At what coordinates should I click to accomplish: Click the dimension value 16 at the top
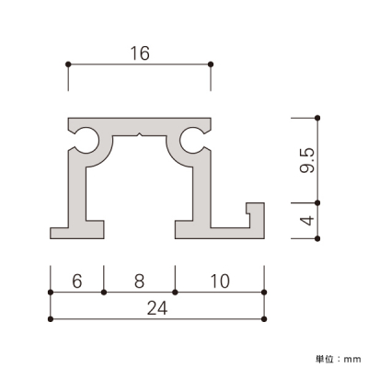[140, 53]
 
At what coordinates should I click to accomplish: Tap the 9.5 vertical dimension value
[307, 161]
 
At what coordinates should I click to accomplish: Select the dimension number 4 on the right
[307, 221]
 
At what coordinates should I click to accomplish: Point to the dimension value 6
[77, 281]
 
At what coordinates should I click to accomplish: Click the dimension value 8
[139, 281]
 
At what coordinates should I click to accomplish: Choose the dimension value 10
[220, 281]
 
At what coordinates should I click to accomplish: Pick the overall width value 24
[157, 308]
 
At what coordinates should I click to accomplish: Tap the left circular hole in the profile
[86, 140]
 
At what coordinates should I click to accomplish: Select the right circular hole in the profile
[192, 140]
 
